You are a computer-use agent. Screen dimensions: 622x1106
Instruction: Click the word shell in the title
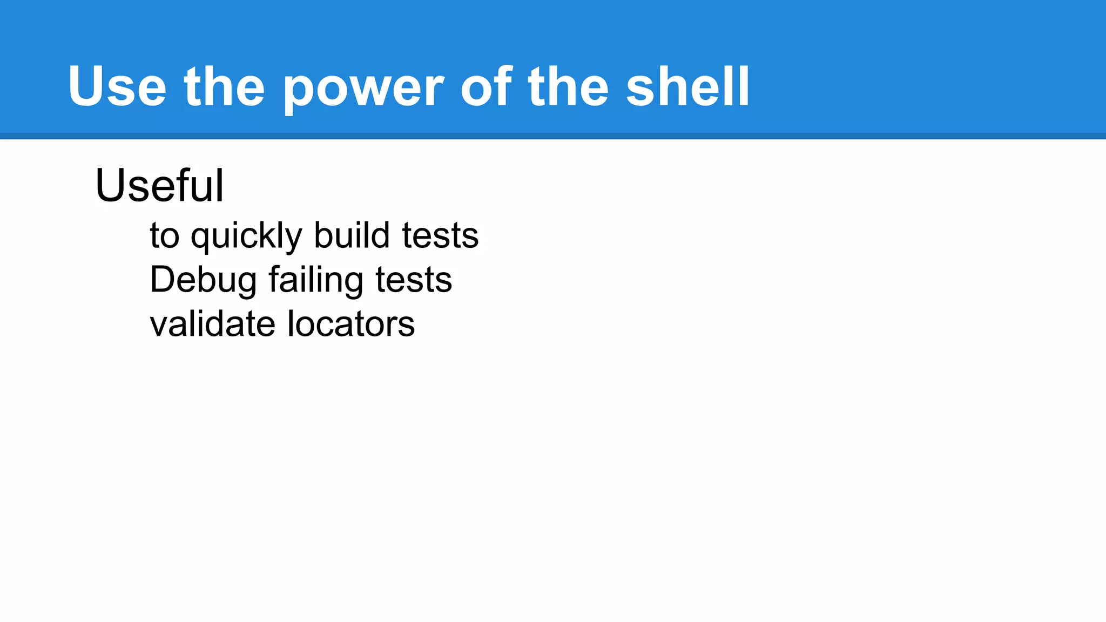pyautogui.click(x=687, y=86)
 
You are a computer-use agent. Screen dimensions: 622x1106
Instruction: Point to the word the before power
pyautogui.click(x=224, y=86)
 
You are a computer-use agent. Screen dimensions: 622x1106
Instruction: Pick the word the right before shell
pyautogui.click(x=568, y=86)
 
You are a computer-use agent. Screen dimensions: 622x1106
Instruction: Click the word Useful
pyautogui.click(x=159, y=186)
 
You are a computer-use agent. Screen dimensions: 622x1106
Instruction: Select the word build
pyautogui.click(x=352, y=235)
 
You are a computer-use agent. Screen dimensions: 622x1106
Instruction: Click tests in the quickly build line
pyautogui.click(x=440, y=236)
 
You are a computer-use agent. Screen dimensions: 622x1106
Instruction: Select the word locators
pyautogui.click(x=351, y=324)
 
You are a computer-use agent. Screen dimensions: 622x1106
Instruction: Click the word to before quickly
pyautogui.click(x=164, y=236)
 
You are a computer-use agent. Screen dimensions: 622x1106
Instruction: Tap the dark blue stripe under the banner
pyautogui.click(x=553, y=136)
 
